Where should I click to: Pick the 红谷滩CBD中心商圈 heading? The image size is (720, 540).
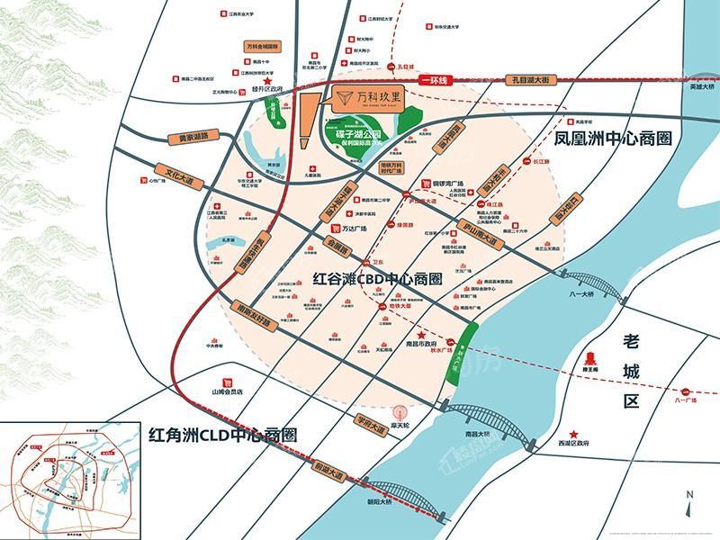376,279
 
